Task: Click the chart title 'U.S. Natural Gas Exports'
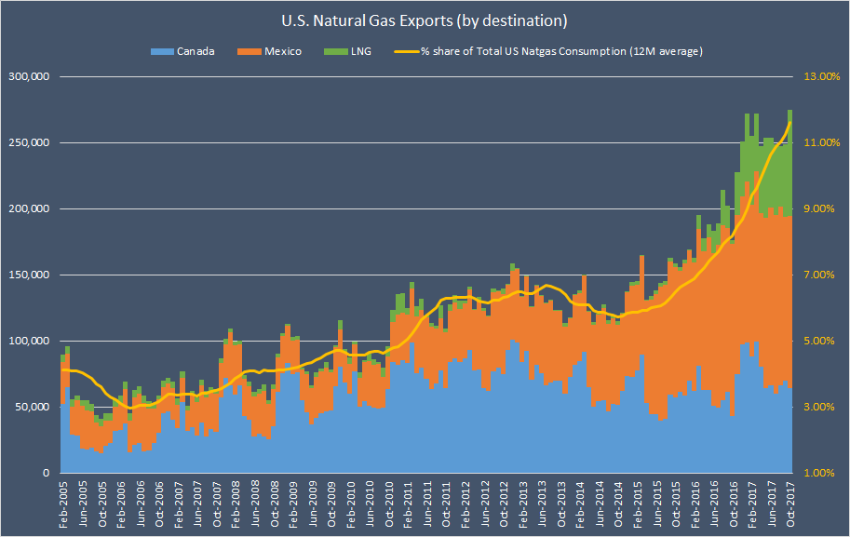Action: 425,20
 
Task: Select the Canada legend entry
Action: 189,51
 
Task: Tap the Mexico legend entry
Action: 276,51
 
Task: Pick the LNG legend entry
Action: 357,51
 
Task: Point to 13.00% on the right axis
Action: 822,76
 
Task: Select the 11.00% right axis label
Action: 822,142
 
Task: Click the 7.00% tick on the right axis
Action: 822,275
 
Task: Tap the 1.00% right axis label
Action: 822,473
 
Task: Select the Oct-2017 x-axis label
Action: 790,503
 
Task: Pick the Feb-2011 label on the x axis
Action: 407,503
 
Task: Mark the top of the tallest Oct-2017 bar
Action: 790,110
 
